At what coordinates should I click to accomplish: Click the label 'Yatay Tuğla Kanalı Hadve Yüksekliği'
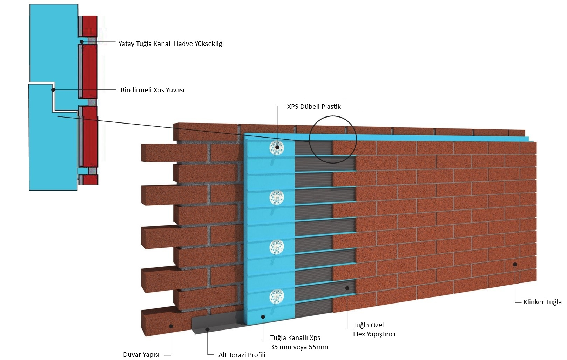click(171, 44)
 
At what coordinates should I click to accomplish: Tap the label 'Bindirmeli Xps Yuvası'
click(153, 90)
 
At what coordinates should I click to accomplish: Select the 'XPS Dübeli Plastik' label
click(314, 106)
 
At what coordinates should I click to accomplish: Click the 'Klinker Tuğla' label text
click(542, 302)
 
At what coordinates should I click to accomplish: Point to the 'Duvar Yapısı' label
click(141, 355)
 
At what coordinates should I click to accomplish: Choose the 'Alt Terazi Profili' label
click(242, 355)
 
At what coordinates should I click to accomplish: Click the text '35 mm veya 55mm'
click(299, 347)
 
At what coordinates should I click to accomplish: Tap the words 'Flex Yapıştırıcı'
click(374, 334)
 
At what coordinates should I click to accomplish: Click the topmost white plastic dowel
click(277, 147)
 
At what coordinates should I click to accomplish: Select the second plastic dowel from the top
click(277, 197)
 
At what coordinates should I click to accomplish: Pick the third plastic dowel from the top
click(277, 247)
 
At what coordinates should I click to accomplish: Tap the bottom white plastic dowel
click(277, 296)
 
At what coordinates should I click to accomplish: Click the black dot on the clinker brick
click(515, 264)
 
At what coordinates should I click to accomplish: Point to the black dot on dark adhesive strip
click(347, 288)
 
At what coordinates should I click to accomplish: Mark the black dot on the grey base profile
click(208, 329)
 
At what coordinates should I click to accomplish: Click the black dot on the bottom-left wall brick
click(171, 326)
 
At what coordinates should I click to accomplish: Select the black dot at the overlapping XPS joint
click(53, 90)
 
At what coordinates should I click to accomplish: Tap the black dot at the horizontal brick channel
click(81, 41)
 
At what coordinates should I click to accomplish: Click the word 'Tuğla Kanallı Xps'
click(295, 338)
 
